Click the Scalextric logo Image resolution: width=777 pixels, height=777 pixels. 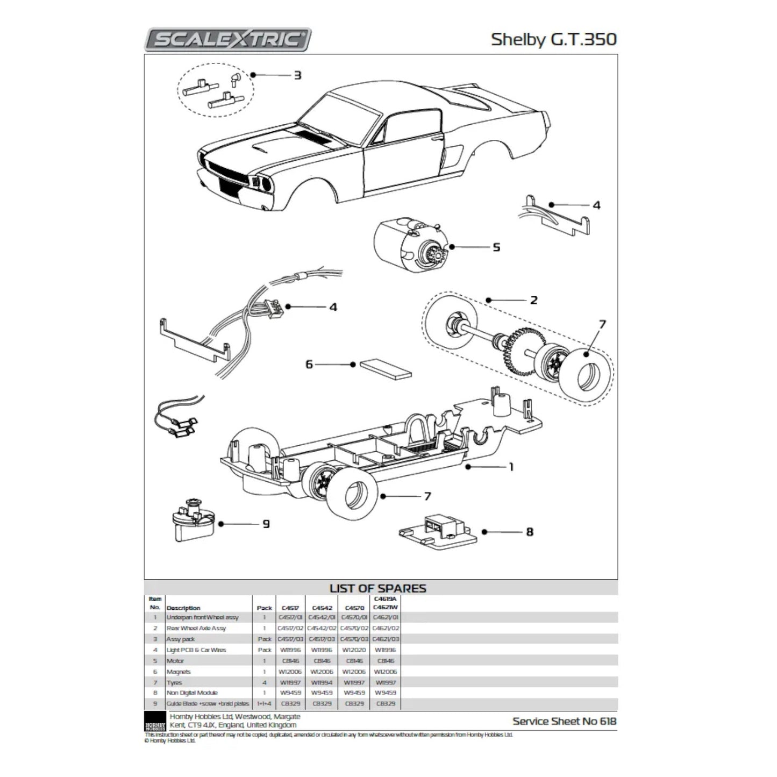pyautogui.click(x=228, y=40)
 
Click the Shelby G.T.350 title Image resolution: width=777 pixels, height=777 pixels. pyautogui.click(x=553, y=40)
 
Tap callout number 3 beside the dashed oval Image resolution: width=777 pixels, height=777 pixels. pyautogui.click(x=297, y=75)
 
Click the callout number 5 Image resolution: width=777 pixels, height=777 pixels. pyautogui.click(x=496, y=247)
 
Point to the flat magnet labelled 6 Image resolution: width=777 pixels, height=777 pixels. pyautogui.click(x=386, y=368)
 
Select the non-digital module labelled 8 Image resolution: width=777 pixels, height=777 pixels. pyautogui.click(x=438, y=531)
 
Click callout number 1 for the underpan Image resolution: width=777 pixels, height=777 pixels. pyautogui.click(x=511, y=467)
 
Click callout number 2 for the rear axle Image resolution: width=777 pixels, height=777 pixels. pyautogui.click(x=533, y=300)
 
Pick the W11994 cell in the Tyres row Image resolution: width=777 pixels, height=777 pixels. pyautogui.click(x=322, y=682)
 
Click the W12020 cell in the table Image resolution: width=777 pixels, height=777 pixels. pyautogui.click(x=354, y=650)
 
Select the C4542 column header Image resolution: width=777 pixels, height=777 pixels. pyautogui.click(x=322, y=608)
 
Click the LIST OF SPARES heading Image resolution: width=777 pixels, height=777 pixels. pyautogui.click(x=377, y=588)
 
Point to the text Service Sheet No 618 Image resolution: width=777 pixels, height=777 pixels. pyautogui.click(x=564, y=721)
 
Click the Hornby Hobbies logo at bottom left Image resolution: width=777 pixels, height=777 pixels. pyautogui.click(x=155, y=721)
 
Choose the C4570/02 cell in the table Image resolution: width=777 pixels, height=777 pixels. pyautogui.click(x=354, y=629)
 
